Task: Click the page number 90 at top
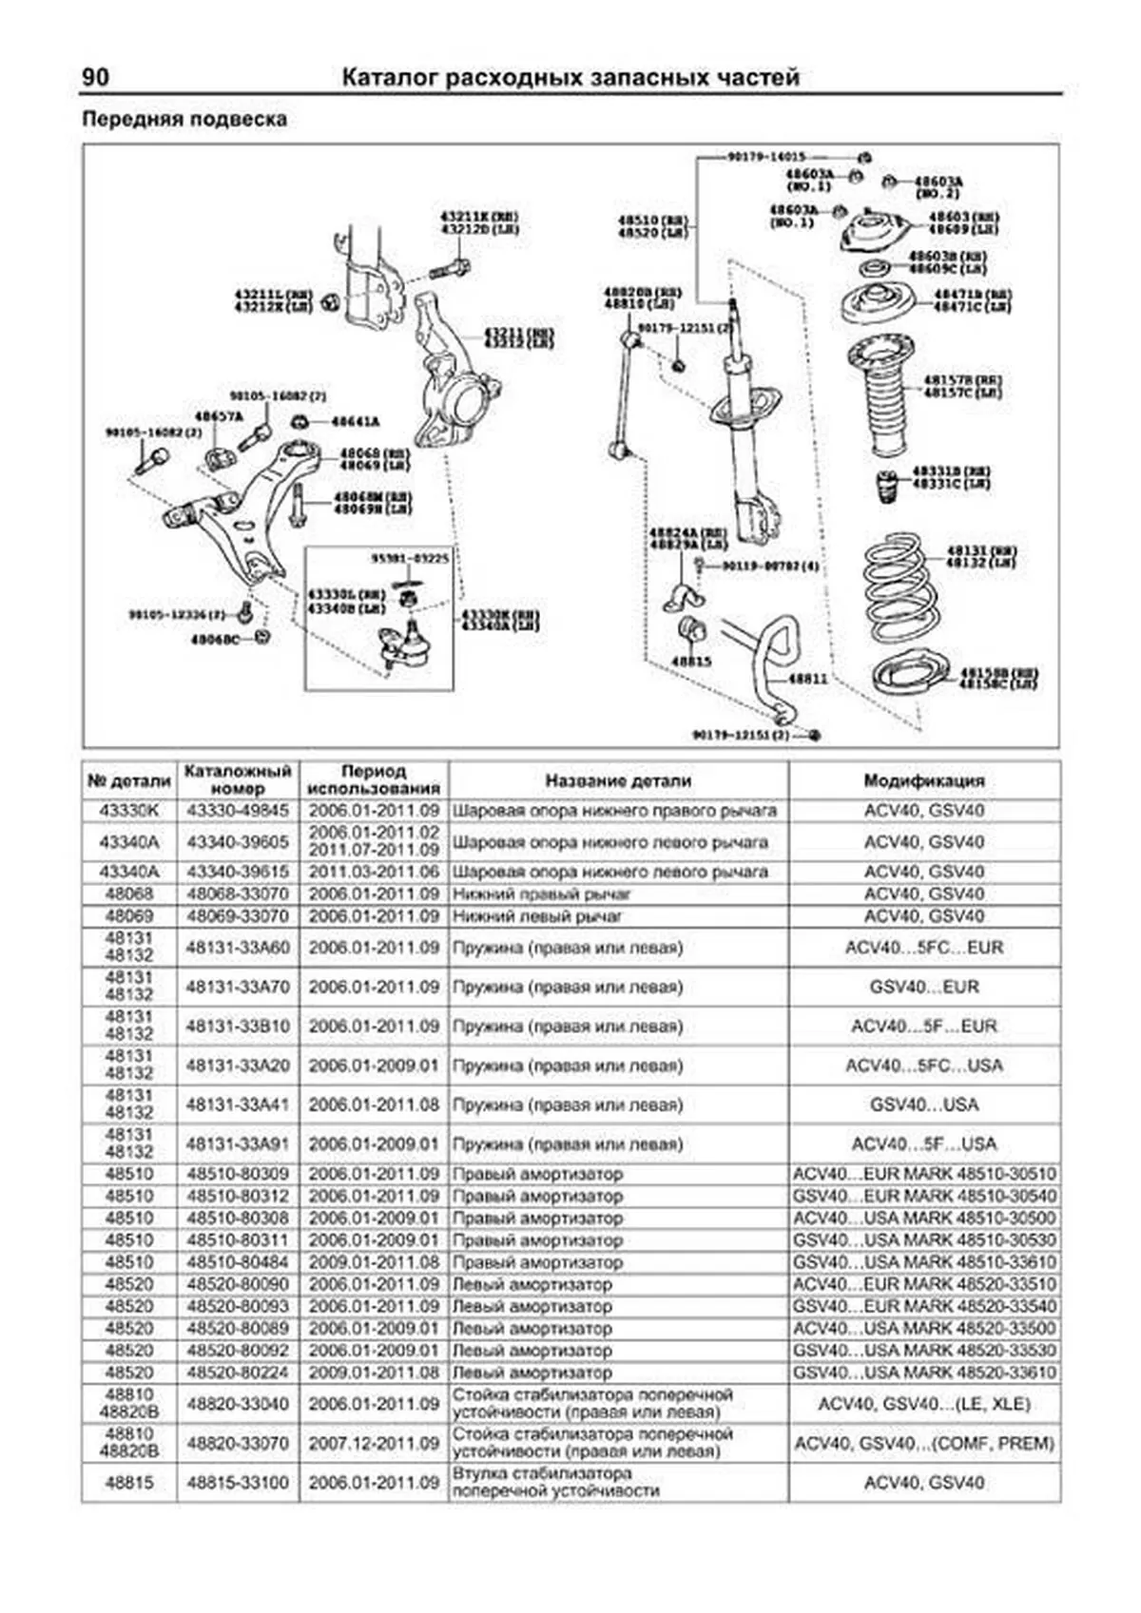click(x=96, y=77)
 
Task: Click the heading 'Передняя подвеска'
click(x=184, y=120)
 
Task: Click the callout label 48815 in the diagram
click(x=690, y=661)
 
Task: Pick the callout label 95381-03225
click(x=410, y=559)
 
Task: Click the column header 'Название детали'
click(x=618, y=780)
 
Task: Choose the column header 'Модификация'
click(x=923, y=780)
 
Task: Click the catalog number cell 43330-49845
click(x=238, y=811)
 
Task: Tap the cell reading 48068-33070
click(x=238, y=894)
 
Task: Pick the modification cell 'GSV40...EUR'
click(x=923, y=987)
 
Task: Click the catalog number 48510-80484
click(x=238, y=1262)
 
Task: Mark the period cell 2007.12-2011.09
click(x=374, y=1443)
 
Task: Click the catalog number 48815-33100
click(x=238, y=1482)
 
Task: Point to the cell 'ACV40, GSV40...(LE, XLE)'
click(x=923, y=1404)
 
